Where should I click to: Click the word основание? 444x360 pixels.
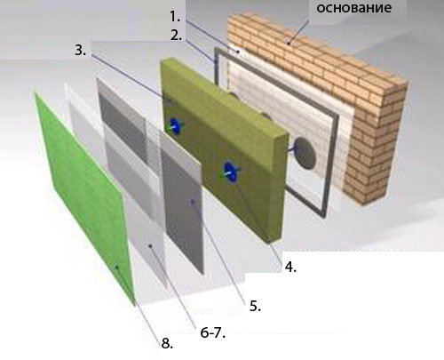pyautogui.click(x=353, y=7)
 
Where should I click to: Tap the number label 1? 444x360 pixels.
pyautogui.click(x=175, y=17)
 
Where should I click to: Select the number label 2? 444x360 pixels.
pyautogui.click(x=176, y=36)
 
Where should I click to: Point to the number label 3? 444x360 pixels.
pyautogui.click(x=80, y=50)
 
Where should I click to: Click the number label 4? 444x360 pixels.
pyautogui.click(x=290, y=267)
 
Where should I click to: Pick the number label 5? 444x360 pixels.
pyautogui.click(x=255, y=306)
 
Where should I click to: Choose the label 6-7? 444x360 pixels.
pyautogui.click(x=213, y=333)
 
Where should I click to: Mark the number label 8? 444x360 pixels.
pyautogui.click(x=167, y=344)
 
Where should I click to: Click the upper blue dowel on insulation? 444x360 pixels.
pyautogui.click(x=176, y=126)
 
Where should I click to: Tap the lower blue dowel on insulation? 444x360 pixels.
pyautogui.click(x=230, y=172)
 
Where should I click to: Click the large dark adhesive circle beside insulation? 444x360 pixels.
pyautogui.click(x=305, y=154)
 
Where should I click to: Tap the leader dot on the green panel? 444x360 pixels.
pyautogui.click(x=117, y=268)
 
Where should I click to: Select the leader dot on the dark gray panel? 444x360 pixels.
pyautogui.click(x=193, y=202)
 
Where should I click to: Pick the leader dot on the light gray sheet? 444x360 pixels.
pyautogui.click(x=151, y=245)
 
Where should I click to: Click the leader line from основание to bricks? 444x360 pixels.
pyautogui.click(x=298, y=28)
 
